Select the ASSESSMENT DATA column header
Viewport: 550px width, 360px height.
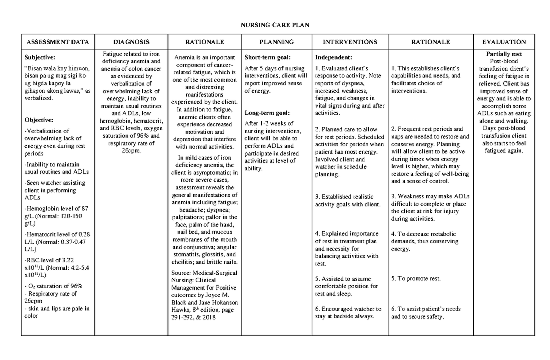click(58, 42)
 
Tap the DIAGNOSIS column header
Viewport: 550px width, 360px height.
click(132, 42)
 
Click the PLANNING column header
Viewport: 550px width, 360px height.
click(276, 42)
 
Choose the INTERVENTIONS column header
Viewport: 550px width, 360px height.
click(350, 42)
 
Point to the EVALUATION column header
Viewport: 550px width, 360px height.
click(504, 42)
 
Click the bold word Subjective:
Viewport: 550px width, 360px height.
click(40, 57)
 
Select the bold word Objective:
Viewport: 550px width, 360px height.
click(39, 120)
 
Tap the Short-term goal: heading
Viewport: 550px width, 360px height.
click(266, 57)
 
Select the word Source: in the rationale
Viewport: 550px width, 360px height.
click(181, 273)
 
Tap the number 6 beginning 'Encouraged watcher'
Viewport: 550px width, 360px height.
click(317, 309)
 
